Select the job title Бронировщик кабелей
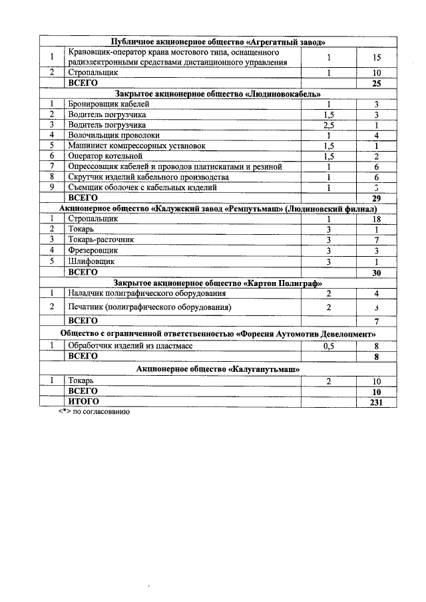[x=108, y=104]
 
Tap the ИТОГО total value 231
[x=376, y=402]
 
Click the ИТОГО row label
[x=84, y=402]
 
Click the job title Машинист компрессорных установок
[x=136, y=145]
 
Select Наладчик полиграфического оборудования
[x=146, y=293]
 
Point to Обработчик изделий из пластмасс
[x=134, y=346]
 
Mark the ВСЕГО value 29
[x=376, y=198]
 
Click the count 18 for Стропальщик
[x=376, y=218]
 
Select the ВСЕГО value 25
[x=376, y=83]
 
